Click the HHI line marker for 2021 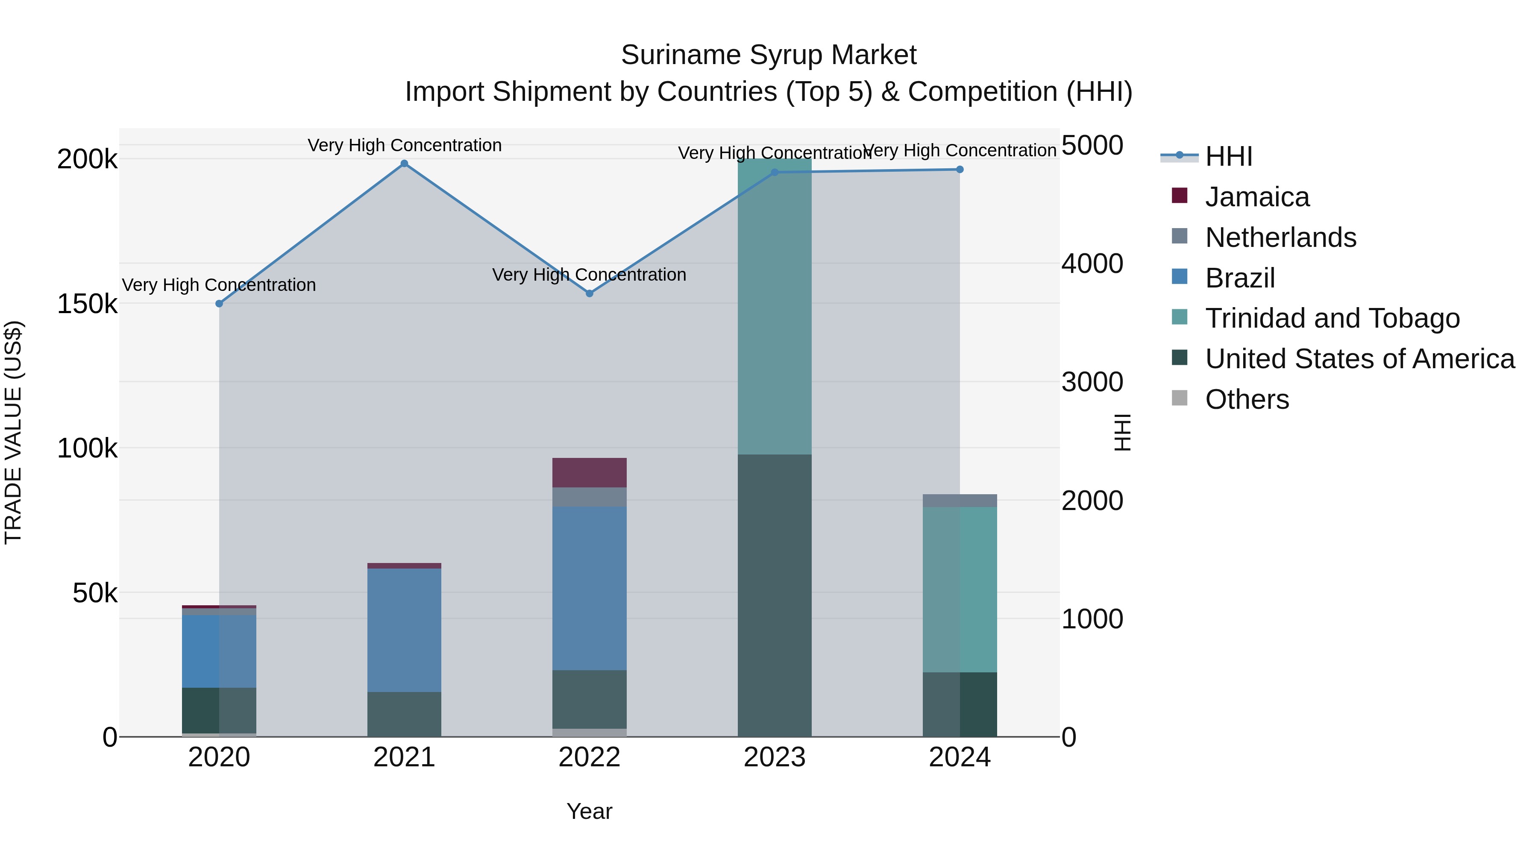point(404,164)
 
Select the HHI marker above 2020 point(219,304)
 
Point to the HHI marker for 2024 point(960,170)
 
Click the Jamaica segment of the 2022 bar point(589,473)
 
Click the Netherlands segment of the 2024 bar point(960,501)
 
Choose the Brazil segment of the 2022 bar point(589,588)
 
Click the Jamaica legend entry point(1257,197)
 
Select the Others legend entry point(1247,399)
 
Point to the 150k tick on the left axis point(87,304)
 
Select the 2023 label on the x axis point(775,757)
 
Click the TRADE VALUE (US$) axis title point(13,432)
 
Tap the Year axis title point(589,811)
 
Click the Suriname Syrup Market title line point(769,55)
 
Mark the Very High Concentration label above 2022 point(589,275)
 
